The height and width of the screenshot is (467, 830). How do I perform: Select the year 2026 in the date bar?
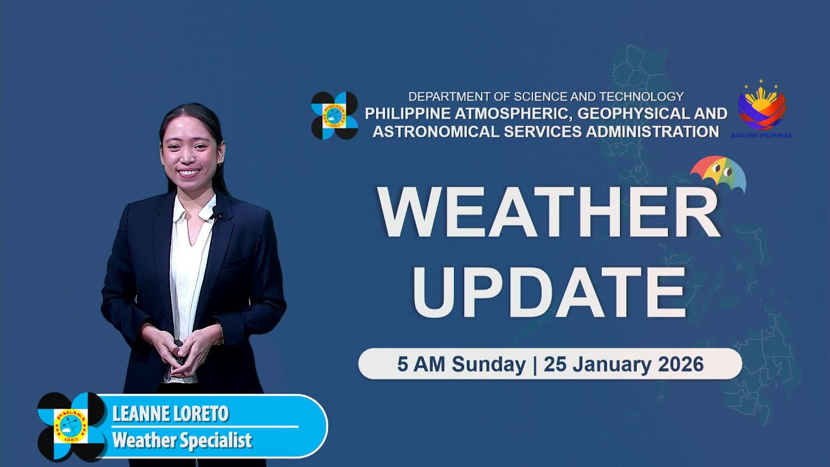coord(680,365)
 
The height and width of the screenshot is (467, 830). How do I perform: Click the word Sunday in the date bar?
coord(488,365)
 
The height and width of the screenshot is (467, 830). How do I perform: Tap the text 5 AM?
coord(421,365)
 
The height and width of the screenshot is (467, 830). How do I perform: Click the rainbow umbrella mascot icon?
coord(718,174)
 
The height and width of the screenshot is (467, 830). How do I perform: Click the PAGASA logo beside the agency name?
coord(335,115)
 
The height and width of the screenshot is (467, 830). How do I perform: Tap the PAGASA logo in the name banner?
coord(71,426)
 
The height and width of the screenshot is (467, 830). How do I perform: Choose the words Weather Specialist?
coord(182,441)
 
